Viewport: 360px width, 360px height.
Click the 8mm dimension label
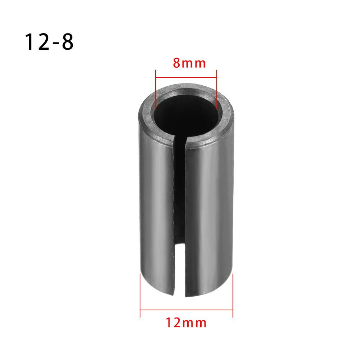(189, 63)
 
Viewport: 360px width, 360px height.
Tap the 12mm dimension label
(186, 323)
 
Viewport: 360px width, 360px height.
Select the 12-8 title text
(49, 42)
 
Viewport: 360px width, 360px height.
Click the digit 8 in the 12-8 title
(67, 42)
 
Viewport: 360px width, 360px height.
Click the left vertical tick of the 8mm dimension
(155, 88)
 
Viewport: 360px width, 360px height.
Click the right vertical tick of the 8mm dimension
(217, 88)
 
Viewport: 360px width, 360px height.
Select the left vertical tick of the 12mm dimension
(140, 295)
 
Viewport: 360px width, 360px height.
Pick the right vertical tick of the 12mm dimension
(233, 295)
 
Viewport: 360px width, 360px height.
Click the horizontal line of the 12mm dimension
(186, 309)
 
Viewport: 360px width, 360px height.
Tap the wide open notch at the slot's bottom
(179, 266)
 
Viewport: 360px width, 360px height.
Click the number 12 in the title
(35, 42)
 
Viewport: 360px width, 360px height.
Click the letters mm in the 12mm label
(196, 323)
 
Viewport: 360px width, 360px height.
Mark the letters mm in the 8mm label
(194, 64)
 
